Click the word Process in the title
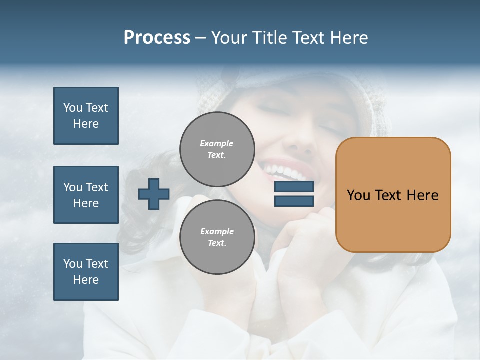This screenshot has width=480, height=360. coord(157,38)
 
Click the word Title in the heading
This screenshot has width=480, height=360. coord(268,38)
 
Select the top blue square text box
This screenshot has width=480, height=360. coord(86,116)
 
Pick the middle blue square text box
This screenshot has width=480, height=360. coord(86,195)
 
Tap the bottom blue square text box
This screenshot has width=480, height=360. coord(86,271)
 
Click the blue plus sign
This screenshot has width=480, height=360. coord(154,194)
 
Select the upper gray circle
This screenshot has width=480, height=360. coord(217,149)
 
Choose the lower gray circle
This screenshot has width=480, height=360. coord(217,237)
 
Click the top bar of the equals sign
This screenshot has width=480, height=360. coord(294,187)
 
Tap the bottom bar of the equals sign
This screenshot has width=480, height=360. coord(294,201)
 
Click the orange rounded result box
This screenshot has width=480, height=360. coord(393,194)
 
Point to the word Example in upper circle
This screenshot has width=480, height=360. coord(217,143)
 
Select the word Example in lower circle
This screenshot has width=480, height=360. coord(217,231)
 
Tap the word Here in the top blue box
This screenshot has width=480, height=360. coord(86,124)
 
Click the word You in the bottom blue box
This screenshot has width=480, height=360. coord(72,264)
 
